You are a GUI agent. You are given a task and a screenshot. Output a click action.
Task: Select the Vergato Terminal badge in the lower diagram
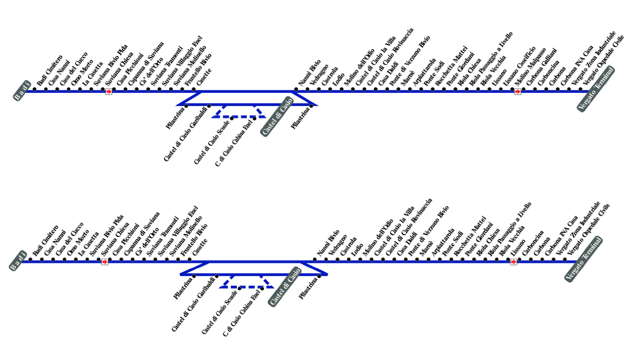[583, 259]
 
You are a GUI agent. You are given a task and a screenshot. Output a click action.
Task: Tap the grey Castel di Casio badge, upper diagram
[277, 119]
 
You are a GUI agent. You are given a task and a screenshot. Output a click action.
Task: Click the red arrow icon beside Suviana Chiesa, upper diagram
[108, 91]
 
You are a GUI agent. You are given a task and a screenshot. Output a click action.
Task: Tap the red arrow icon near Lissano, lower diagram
[513, 262]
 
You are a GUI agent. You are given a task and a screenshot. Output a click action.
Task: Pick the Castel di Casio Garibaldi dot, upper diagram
[209, 105]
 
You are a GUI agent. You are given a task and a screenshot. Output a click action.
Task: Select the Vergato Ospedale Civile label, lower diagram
[589, 228]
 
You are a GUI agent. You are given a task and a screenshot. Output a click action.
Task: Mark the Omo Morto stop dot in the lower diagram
[64, 259]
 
